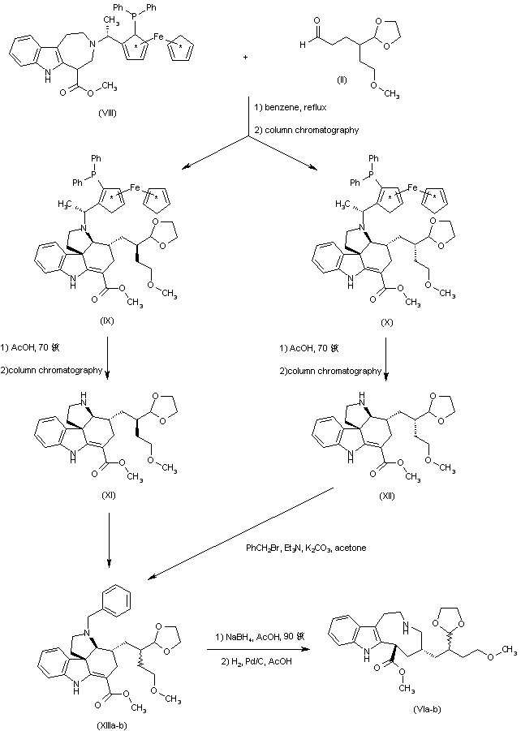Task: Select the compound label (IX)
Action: [105, 323]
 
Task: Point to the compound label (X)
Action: [386, 322]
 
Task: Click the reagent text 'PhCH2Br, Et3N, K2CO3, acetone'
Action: [306, 548]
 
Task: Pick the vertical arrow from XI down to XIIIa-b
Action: [109, 539]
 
